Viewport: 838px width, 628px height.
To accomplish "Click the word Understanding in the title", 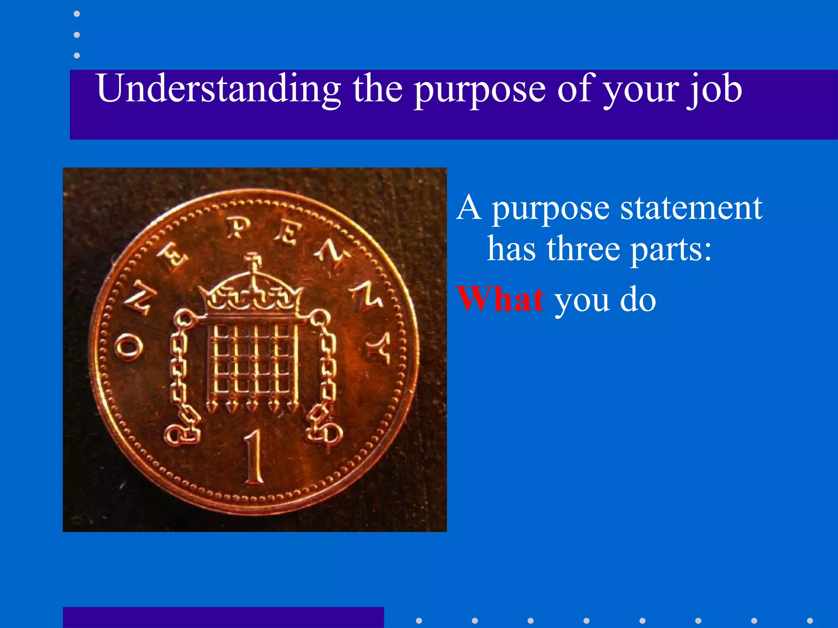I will point(219,89).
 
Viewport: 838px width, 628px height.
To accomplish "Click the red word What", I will point(500,299).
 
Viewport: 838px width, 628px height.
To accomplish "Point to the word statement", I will point(691,208).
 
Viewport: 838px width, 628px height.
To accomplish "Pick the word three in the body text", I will point(583,249).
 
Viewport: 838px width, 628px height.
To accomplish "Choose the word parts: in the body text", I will point(671,250).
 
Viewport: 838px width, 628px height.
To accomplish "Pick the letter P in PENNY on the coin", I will point(238,228).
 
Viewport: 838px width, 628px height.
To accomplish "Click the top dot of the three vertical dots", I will point(77,14).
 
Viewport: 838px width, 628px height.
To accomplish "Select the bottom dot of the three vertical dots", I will point(77,55).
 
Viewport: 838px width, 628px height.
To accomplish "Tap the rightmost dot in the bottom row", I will point(810,621).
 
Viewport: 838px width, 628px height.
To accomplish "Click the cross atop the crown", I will point(254,260).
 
